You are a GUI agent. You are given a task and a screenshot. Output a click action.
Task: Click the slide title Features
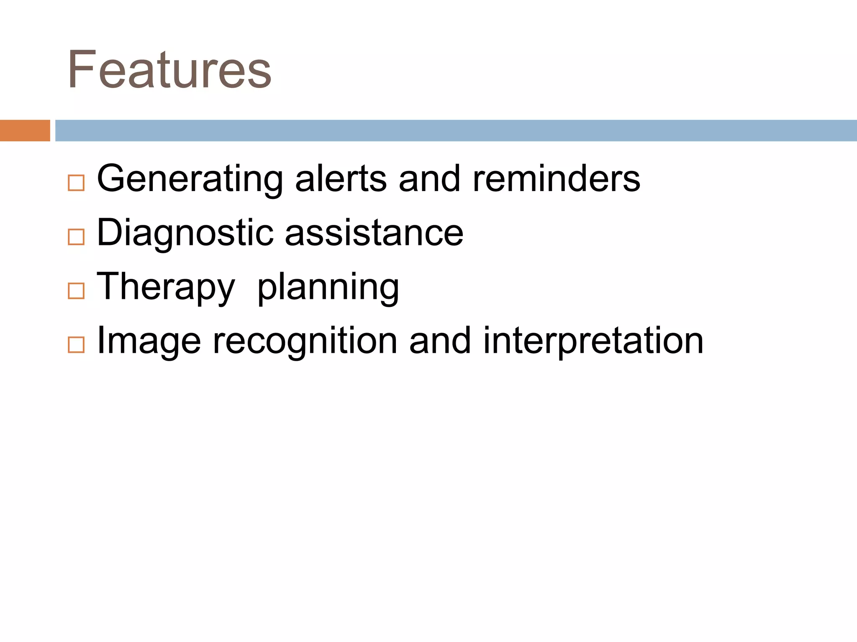coord(169,70)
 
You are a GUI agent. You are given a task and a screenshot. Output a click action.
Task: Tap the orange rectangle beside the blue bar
coord(25,130)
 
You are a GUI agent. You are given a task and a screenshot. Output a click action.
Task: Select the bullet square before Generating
coord(76,183)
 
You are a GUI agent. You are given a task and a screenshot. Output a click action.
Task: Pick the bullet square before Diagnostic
coord(76,237)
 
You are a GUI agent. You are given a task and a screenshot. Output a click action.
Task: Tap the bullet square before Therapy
coord(76,291)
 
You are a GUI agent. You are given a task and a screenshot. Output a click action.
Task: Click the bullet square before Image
coord(76,345)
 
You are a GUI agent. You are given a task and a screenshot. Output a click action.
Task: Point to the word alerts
coord(341,179)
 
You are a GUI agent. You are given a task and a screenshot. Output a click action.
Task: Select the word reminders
coord(556,179)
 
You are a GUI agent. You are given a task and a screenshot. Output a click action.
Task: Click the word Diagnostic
coord(185,233)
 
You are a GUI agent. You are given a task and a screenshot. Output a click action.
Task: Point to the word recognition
coord(305,342)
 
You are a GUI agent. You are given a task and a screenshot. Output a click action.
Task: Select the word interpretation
coord(593,342)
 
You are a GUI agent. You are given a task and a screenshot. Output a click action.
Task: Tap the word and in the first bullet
coord(429,179)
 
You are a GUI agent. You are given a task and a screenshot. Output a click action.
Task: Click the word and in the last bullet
coord(440,341)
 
